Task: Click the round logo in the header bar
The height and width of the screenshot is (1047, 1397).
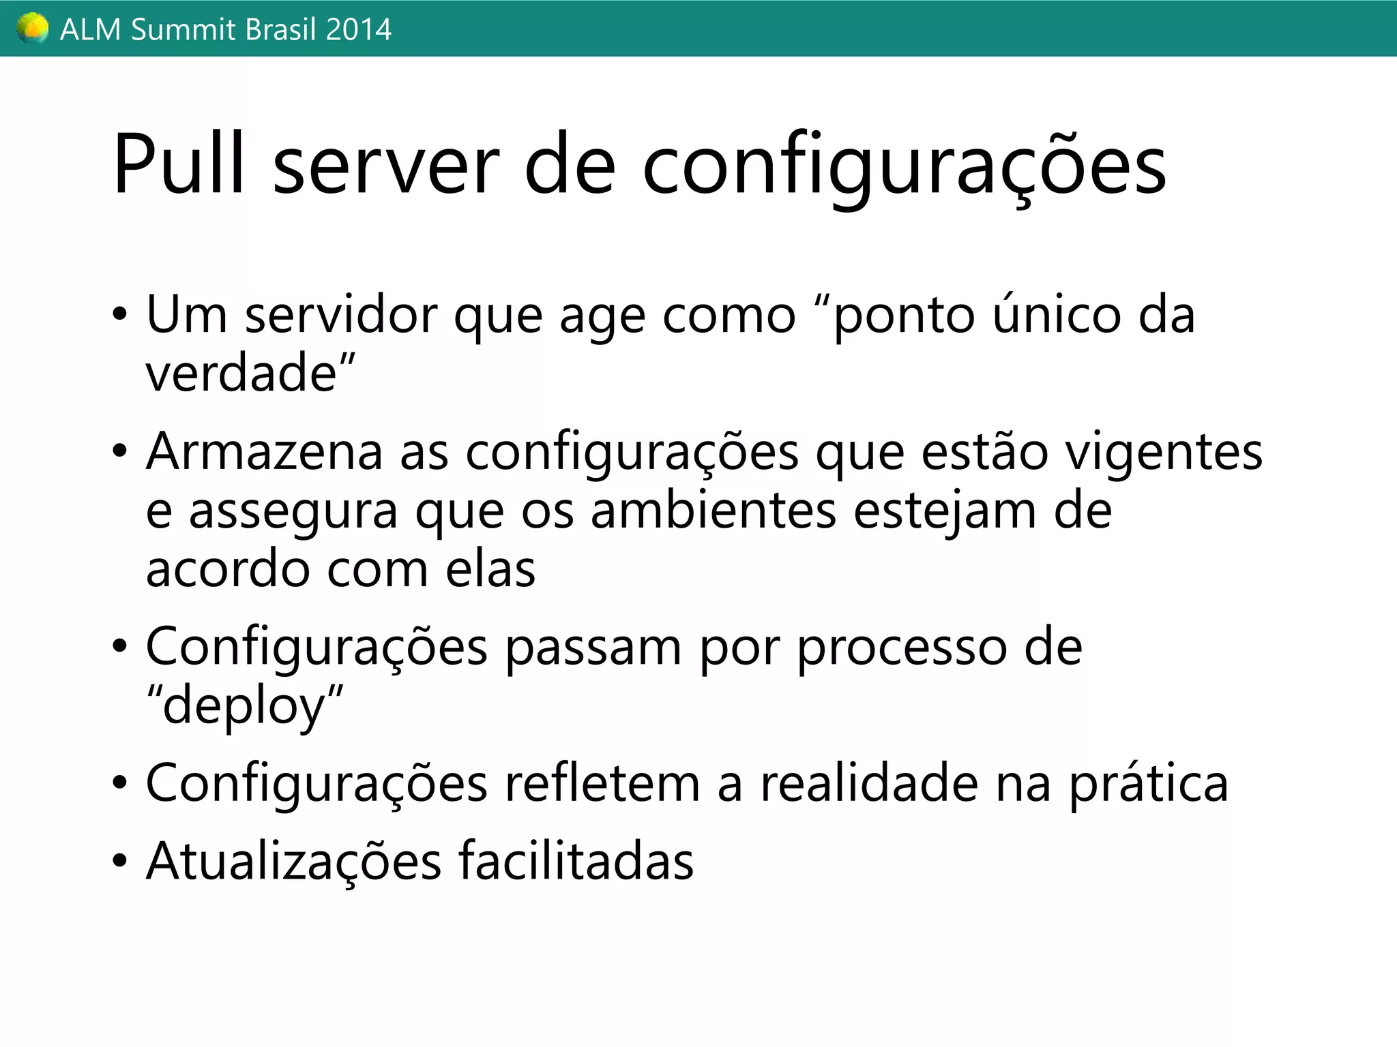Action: (32, 29)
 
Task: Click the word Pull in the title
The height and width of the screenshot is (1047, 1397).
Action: (179, 164)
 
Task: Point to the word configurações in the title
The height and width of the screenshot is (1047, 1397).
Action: (905, 167)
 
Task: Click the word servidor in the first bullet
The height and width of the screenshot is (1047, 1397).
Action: (341, 315)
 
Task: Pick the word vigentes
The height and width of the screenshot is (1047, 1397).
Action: (1164, 453)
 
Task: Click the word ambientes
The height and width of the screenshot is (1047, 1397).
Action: (714, 511)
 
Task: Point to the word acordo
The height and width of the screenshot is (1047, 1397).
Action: (228, 570)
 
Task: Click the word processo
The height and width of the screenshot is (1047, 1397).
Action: (902, 648)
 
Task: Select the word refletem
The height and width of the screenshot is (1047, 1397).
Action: (602, 784)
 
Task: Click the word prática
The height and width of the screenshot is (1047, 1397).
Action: (1148, 784)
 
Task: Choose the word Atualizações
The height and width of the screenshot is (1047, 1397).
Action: (294, 862)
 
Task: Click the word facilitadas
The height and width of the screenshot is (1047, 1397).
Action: (576, 862)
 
